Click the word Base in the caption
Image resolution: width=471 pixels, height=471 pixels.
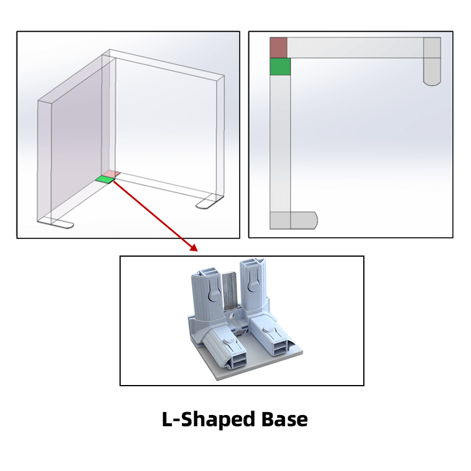pos(284,419)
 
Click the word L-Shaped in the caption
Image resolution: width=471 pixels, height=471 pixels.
pos(209,420)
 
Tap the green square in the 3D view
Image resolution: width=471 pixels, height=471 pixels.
pos(105,180)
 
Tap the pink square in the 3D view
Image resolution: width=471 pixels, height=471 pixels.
pos(111,174)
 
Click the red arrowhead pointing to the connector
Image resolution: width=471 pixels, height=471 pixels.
pos(194,247)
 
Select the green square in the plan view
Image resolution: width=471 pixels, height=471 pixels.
pos(280,67)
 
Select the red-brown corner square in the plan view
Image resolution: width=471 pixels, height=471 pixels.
pos(278,48)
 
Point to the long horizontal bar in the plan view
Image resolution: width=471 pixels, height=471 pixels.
pos(355,48)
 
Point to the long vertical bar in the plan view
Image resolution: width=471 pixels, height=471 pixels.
pos(280,143)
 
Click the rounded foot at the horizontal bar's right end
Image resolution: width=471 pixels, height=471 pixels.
pos(432,62)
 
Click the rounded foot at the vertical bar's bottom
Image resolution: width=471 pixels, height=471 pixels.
pos(293,220)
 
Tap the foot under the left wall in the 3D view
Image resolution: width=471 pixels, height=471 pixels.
pos(56,223)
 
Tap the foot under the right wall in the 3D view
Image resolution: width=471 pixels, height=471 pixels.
pos(210,202)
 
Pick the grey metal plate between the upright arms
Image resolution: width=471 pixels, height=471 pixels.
pos(230,291)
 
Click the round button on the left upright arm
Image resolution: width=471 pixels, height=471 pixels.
pos(214,296)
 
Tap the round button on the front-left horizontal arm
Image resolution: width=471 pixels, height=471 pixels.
pos(228,341)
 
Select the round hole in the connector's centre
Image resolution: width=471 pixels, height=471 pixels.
pos(231,317)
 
